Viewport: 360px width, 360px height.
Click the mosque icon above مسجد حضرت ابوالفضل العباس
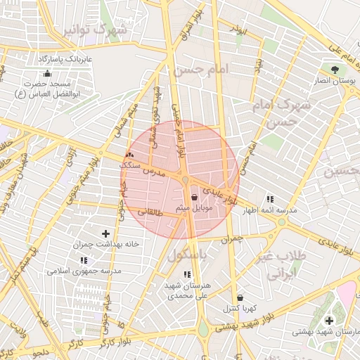pos(47,73)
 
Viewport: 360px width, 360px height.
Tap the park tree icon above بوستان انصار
pos(335,70)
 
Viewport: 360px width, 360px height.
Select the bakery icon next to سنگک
pos(129,155)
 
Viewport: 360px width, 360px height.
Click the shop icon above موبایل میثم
pos(194,198)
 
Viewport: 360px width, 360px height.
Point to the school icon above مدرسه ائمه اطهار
pos(270,199)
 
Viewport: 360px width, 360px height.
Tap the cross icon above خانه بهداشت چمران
pos(105,233)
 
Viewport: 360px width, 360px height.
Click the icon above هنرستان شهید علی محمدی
pos(186,274)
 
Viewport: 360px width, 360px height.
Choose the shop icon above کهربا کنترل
pos(240,297)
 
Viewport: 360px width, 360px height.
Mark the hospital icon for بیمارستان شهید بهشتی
pos(329,321)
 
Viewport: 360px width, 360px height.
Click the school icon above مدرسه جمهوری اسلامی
pos(84,260)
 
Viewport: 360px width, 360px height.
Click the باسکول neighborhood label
pos(188,257)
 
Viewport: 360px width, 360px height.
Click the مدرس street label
pos(153,171)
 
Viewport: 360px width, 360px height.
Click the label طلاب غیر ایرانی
pos(280,264)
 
